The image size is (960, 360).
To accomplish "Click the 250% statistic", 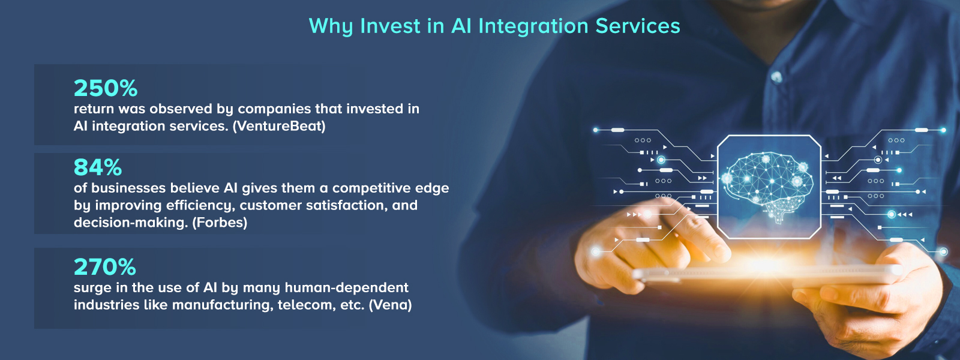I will click(106, 88).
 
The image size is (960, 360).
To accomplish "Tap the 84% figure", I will click(98, 167).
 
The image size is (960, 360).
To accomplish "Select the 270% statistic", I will click(105, 267).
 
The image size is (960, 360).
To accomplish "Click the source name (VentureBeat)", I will click(279, 127).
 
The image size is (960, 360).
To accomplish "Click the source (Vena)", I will click(390, 305).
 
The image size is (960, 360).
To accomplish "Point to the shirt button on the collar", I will click(776, 77).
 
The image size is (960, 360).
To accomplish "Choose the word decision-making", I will click(130, 223).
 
